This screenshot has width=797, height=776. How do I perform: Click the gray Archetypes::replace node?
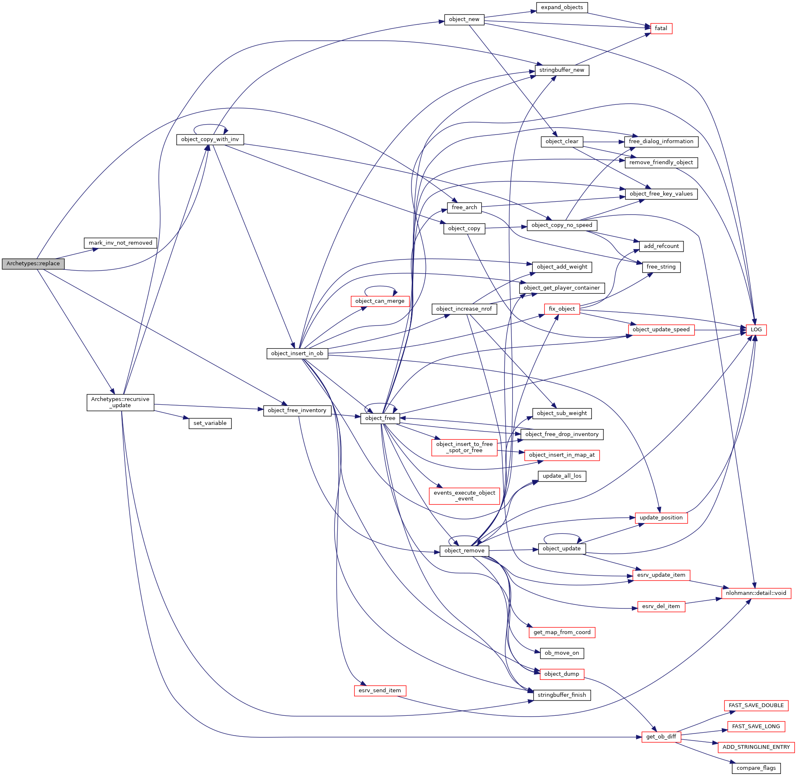pos(33,264)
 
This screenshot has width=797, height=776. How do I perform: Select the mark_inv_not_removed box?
pos(120,243)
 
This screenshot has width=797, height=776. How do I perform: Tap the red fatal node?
pos(661,28)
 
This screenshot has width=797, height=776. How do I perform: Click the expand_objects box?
pos(562,7)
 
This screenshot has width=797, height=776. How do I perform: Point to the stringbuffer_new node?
pos(562,70)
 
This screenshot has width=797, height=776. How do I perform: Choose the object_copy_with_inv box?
pos(210,139)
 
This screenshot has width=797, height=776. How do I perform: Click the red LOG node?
pos(756,330)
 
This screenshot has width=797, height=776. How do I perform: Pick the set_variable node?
pos(210,423)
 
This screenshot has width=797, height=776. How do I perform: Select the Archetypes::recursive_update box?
pos(120,402)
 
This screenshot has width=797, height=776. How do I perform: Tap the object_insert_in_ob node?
pos(297,354)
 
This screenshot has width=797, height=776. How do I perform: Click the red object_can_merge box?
pos(380,301)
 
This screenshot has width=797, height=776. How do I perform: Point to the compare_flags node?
pos(756,768)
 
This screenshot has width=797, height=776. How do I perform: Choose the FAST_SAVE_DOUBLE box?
pos(756,705)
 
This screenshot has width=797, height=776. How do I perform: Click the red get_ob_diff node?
pos(661,737)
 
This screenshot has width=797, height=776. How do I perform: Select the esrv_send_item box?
pos(380,691)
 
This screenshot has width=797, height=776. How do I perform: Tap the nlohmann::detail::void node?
pos(756,593)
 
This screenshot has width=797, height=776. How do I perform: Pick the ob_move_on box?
pos(562,653)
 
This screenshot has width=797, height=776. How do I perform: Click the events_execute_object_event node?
pos(464,496)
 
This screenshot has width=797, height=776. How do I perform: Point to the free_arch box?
pos(464,208)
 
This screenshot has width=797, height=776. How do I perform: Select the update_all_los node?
pos(562,476)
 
